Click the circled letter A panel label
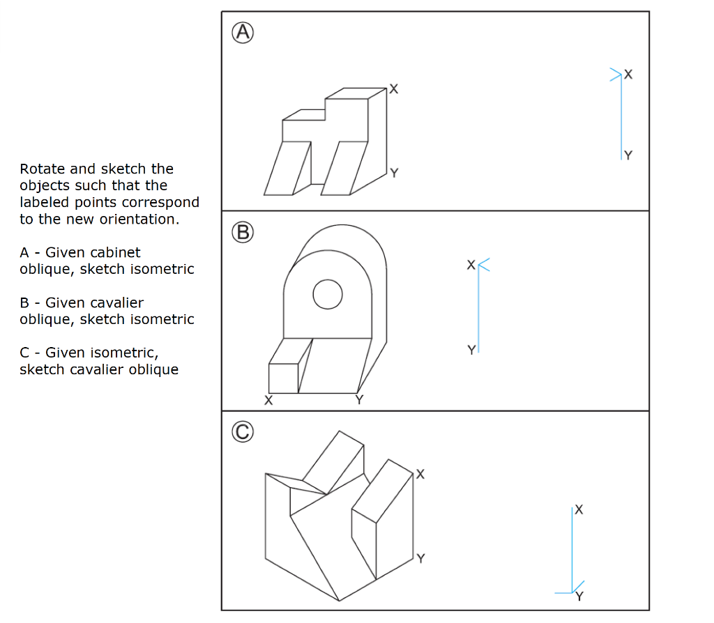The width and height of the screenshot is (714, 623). click(x=243, y=32)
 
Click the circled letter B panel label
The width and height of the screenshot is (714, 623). click(x=243, y=232)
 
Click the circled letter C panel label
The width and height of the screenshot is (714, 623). click(x=243, y=432)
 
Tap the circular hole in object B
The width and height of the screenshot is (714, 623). click(x=327, y=295)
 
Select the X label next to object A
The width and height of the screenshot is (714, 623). click(x=394, y=89)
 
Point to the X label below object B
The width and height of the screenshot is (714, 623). click(x=268, y=401)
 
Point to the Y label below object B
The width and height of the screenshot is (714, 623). click(x=359, y=400)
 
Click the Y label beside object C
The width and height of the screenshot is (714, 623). click(x=420, y=558)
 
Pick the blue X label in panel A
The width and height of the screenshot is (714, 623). click(x=629, y=74)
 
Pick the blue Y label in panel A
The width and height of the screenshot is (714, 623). click(x=628, y=155)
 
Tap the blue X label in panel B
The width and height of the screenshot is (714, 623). click(x=471, y=266)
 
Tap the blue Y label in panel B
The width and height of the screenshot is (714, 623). click(x=471, y=349)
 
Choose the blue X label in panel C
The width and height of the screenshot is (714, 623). click(x=579, y=510)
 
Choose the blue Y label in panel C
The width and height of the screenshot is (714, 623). click(x=579, y=597)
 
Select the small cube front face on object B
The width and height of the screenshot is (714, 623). click(x=283, y=378)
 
